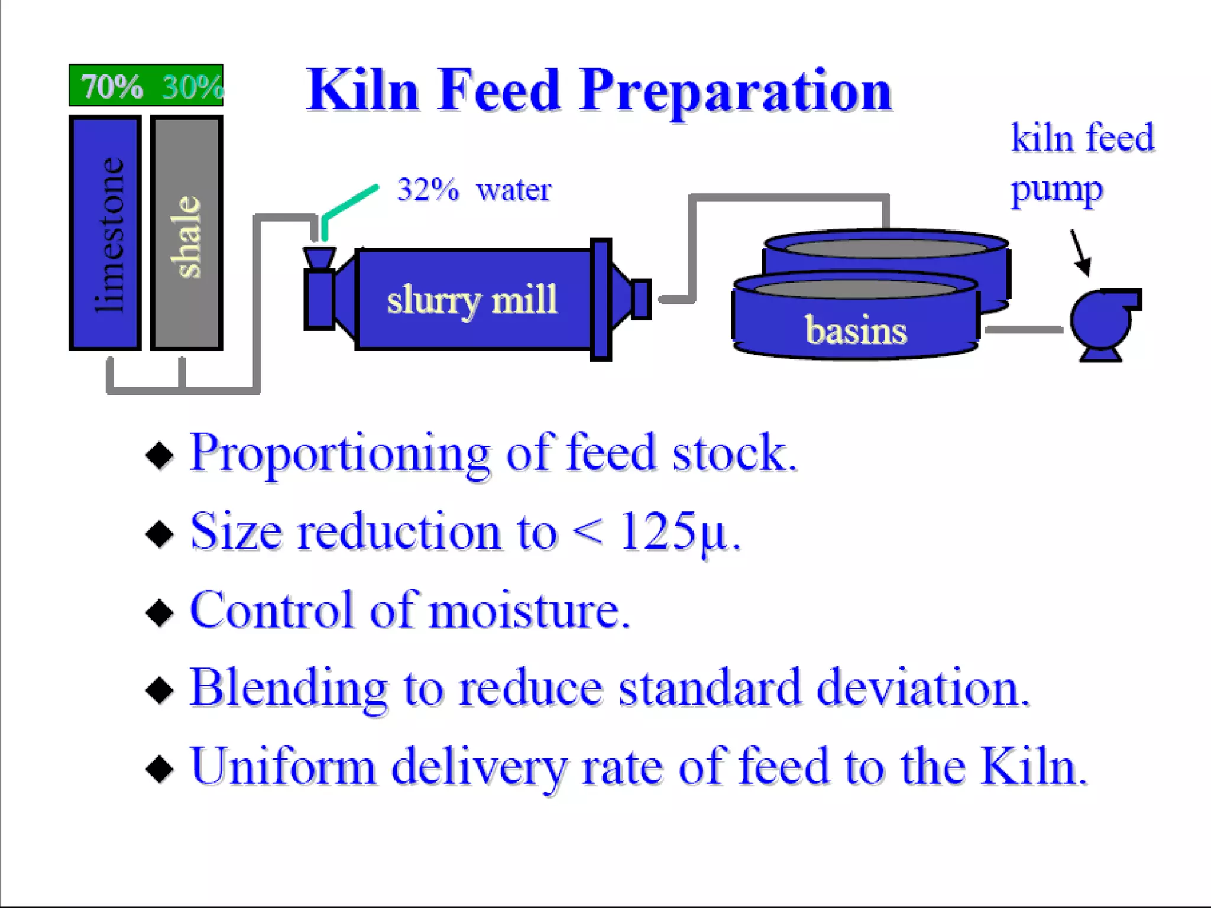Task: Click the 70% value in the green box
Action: (x=112, y=87)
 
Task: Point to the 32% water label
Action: (x=474, y=190)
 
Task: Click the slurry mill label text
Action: (x=472, y=300)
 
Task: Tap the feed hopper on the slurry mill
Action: (x=319, y=258)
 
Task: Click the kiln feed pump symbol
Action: (x=1101, y=322)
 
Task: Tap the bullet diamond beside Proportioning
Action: (x=160, y=455)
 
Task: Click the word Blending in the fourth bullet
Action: (x=288, y=688)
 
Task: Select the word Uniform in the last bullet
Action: (x=283, y=766)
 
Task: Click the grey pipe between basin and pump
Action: (x=1024, y=329)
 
